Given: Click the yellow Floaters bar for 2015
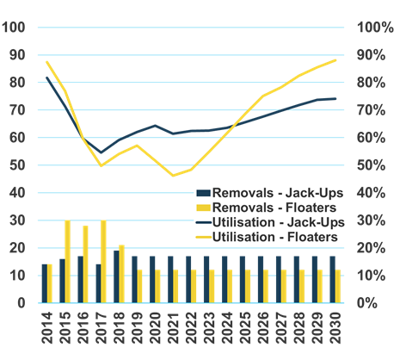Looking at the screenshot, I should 67,261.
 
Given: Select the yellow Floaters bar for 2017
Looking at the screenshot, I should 104,261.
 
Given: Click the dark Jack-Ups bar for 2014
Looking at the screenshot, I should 44,283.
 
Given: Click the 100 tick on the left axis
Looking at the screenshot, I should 15,28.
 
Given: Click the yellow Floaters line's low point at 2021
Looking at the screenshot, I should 173,176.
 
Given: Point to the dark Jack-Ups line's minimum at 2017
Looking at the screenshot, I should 101,152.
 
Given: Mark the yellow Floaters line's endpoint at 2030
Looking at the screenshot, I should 335,59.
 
